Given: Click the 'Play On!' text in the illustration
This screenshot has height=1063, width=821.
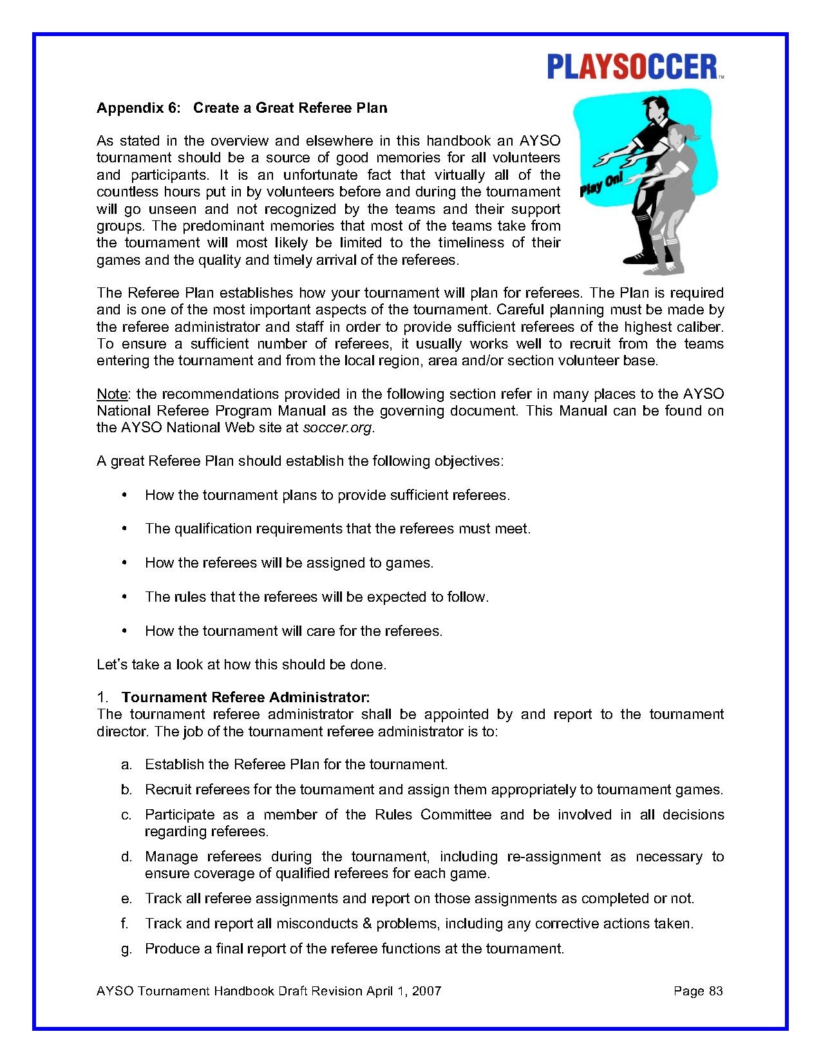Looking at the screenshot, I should tap(601, 184).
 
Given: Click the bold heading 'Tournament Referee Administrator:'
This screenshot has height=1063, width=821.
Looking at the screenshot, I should tap(245, 697).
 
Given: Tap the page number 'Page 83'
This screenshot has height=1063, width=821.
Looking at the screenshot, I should tap(698, 991).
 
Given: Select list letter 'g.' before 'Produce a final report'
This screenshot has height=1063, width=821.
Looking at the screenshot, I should tap(126, 949).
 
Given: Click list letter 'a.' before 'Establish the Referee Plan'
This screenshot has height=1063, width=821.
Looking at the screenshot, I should tap(126, 765).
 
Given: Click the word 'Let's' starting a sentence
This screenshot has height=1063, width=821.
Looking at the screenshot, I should tap(112, 664).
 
